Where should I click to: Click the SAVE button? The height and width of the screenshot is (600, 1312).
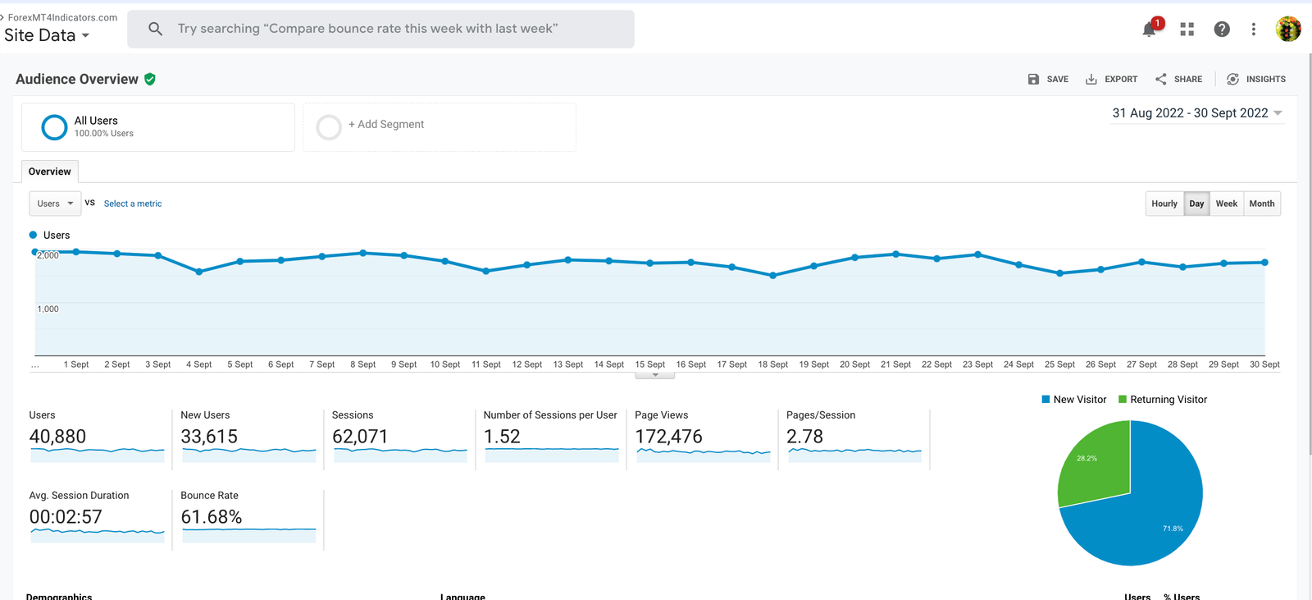coord(1048,80)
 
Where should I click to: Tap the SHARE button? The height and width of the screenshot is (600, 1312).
coord(1178,80)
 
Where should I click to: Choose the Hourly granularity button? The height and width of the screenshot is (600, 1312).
coord(1164,204)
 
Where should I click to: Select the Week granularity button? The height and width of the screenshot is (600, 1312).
coord(1226,204)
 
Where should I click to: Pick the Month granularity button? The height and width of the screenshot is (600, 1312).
coord(1261,204)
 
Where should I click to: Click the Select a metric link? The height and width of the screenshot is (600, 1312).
coord(133,204)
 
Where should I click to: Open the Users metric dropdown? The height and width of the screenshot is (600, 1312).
coord(55,204)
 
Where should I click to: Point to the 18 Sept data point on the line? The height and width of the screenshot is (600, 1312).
coord(772,276)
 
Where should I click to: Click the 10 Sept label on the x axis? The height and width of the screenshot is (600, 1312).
coord(444,364)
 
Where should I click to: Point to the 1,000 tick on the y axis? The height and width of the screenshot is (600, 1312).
coord(48,309)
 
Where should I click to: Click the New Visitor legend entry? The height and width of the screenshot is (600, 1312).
coord(1074,400)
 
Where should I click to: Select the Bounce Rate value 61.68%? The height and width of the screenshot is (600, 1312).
coord(212,517)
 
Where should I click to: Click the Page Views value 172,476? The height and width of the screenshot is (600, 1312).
coord(668,437)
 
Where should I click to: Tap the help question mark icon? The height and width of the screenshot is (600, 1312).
coord(1222,30)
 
